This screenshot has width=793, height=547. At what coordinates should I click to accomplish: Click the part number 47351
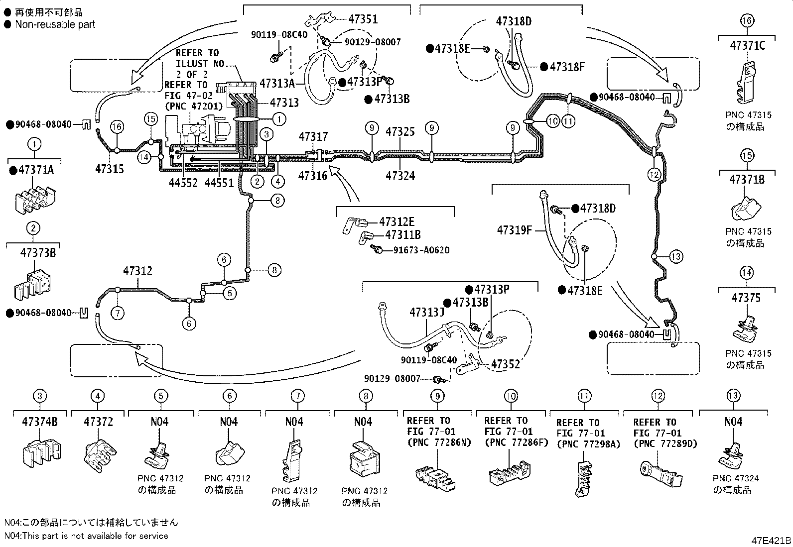(x=363, y=19)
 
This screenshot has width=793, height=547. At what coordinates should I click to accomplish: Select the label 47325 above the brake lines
(x=400, y=131)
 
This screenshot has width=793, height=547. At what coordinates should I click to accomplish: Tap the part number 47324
(x=400, y=176)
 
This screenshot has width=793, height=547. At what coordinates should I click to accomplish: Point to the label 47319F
(x=515, y=230)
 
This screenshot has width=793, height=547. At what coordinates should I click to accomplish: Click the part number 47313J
(x=426, y=313)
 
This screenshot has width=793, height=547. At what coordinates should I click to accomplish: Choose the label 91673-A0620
(x=421, y=250)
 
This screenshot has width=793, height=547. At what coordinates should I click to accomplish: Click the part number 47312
(x=137, y=271)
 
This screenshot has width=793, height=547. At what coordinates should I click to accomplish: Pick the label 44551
(x=219, y=183)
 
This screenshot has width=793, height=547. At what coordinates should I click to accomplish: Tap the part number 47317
(x=313, y=136)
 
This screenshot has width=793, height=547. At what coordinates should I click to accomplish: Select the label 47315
(x=110, y=169)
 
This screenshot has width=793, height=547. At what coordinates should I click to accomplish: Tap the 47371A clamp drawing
(x=35, y=201)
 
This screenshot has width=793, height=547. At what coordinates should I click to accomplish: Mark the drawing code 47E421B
(x=771, y=540)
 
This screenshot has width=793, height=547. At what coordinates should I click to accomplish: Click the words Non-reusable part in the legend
(x=55, y=24)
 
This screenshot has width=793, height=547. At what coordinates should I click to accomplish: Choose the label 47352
(x=506, y=364)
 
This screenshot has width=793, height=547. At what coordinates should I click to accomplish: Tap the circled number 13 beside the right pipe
(x=676, y=256)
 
